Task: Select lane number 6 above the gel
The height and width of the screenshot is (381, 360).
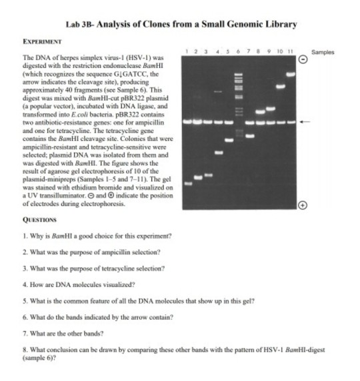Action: [x=238, y=51]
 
